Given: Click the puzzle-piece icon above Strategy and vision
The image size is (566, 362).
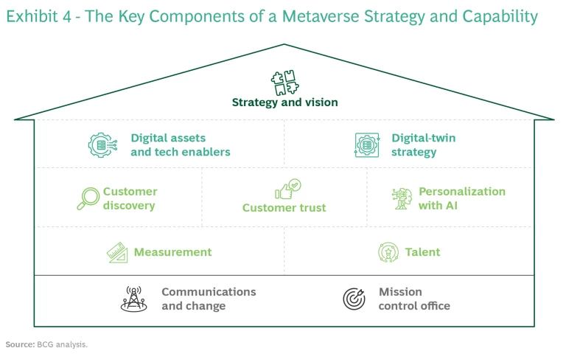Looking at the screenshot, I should click(284, 83).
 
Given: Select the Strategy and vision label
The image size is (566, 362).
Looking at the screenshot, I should click(284, 102).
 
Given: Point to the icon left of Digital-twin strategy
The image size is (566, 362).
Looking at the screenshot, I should click(367, 145).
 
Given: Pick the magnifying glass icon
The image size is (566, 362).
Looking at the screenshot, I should click(88, 198).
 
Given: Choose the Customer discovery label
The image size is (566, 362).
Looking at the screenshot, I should click(130, 198).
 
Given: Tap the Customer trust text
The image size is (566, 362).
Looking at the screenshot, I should click(284, 208).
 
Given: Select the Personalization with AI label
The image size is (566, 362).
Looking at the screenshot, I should click(462, 198).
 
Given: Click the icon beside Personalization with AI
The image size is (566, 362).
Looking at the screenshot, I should click(402, 198).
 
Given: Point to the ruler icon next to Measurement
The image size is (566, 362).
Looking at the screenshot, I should click(118, 253).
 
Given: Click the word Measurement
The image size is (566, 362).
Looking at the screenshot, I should click(172, 252).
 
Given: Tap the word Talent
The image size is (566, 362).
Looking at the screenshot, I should click(422, 252).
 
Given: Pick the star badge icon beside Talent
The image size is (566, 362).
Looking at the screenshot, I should click(388, 252).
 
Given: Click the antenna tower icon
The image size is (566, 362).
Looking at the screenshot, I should click(133, 299).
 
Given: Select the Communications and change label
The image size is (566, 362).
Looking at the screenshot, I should click(209, 299).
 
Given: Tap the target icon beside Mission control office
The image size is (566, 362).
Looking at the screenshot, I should click(354, 299).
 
